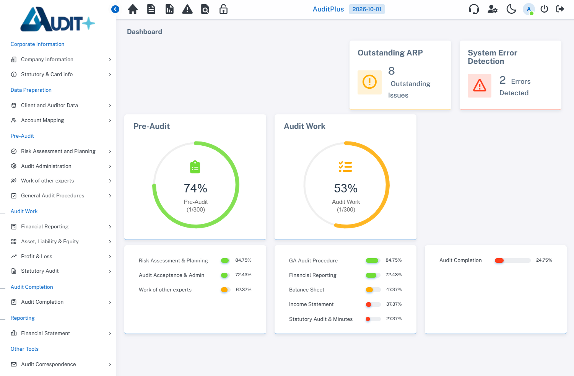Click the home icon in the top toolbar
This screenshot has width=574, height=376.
[133, 9]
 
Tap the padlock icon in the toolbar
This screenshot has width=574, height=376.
[223, 9]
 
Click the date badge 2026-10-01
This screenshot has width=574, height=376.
[367, 9]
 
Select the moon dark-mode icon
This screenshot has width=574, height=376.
[511, 9]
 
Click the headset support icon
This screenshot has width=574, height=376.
[474, 9]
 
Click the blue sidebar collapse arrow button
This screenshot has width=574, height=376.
[115, 9]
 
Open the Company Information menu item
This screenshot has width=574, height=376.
[47, 59]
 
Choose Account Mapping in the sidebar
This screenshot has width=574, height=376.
[42, 120]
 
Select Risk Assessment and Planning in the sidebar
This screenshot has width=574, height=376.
[58, 151]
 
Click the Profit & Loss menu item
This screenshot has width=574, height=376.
[36, 256]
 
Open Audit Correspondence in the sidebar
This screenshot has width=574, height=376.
[48, 364]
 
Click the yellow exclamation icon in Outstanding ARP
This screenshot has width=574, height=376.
[369, 82]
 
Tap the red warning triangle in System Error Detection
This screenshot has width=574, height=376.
[480, 86]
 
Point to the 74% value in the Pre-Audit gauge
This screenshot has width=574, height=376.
[195, 188]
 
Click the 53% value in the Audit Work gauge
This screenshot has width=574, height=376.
[346, 188]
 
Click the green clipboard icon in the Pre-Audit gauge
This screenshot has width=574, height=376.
[195, 167]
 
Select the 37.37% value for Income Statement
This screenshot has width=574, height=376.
[394, 304]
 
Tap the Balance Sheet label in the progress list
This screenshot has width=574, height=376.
[307, 290]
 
